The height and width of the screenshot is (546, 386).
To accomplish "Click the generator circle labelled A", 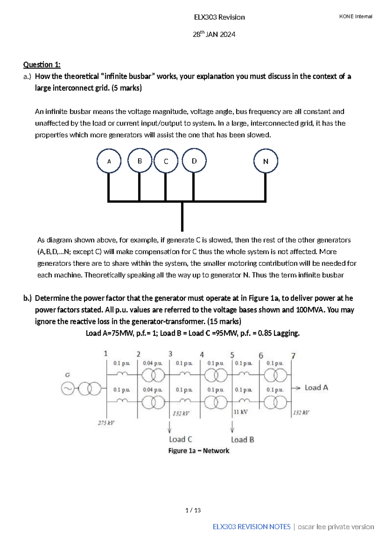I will (x=109, y=161).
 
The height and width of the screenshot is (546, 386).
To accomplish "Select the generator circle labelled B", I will (x=140, y=161).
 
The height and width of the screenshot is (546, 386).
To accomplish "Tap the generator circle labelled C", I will (x=166, y=161).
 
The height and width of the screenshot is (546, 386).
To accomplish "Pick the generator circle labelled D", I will (x=194, y=161).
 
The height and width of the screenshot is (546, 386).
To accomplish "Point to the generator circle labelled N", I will (x=266, y=161).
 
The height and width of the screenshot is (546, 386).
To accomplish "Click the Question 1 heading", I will (x=42, y=65).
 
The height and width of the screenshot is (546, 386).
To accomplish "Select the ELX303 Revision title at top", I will (x=219, y=17).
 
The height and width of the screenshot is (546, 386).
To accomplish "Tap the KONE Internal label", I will (x=355, y=16).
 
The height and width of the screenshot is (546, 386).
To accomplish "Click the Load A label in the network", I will (x=316, y=388).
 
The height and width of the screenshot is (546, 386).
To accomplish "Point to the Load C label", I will (x=180, y=439).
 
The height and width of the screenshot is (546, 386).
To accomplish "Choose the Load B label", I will (x=243, y=439).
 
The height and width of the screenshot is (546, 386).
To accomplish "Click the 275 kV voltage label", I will (x=106, y=423).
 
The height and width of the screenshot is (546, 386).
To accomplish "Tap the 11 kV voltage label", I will (x=241, y=412).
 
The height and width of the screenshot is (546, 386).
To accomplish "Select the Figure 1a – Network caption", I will (x=199, y=451).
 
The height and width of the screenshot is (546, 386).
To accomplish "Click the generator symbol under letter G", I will (x=68, y=389).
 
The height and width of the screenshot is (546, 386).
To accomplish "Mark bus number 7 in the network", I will (x=293, y=355).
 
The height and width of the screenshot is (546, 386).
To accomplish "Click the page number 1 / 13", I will (x=193, y=510).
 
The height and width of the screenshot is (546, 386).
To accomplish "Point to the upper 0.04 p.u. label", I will (x=152, y=363).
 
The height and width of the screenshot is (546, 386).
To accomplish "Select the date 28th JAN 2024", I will (x=214, y=34).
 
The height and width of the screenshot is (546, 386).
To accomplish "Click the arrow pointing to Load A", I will (x=296, y=388).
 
